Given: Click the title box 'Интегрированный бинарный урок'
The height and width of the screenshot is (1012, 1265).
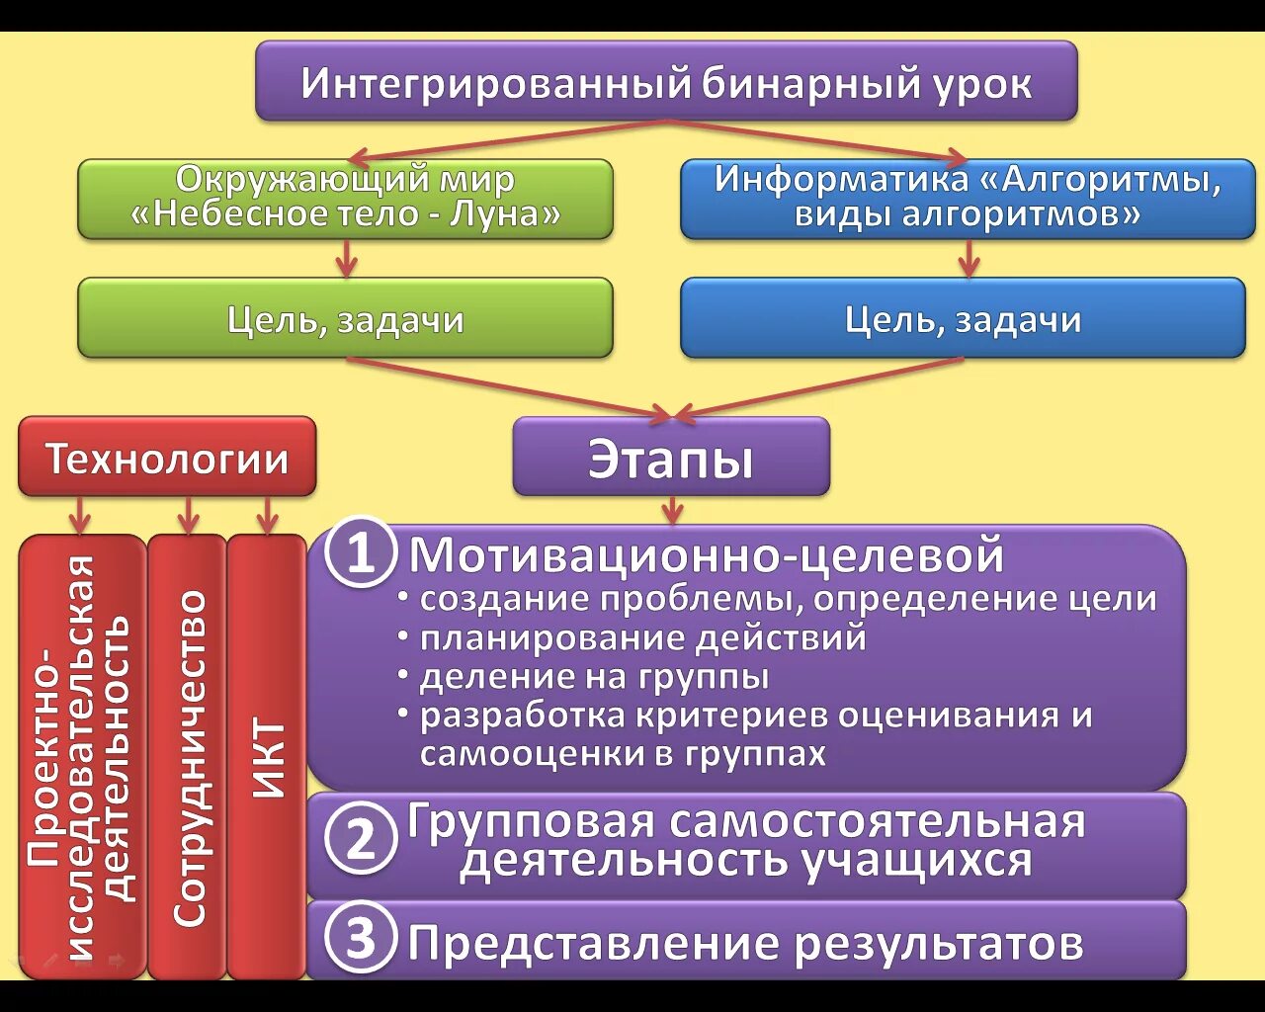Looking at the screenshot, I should [x=666, y=81].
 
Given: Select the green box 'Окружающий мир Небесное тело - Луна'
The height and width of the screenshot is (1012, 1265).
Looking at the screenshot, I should [x=345, y=199].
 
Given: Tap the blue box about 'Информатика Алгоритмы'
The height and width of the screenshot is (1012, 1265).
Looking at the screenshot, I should [x=968, y=199].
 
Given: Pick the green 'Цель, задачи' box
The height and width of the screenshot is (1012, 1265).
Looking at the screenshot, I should [x=345, y=318].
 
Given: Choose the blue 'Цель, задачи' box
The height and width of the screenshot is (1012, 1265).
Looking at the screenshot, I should [x=963, y=318].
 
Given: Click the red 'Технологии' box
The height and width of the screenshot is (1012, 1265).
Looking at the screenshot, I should [x=167, y=458].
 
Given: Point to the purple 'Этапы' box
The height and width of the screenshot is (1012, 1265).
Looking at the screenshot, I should [x=671, y=458].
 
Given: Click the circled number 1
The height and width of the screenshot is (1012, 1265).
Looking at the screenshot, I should [x=361, y=553].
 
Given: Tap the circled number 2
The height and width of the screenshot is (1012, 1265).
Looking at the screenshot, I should [x=361, y=840].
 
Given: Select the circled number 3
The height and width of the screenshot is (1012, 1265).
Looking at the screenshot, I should [x=361, y=937].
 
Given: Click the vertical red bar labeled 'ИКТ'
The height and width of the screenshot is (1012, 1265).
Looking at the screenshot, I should [x=267, y=757].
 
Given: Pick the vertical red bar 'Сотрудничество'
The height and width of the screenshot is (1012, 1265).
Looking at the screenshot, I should [x=188, y=757].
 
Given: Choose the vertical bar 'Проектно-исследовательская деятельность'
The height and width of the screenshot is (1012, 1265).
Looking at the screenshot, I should [x=82, y=757].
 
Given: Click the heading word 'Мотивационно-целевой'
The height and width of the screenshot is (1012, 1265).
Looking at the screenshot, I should [x=706, y=554].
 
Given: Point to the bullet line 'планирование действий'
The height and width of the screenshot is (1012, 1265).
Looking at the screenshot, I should [x=642, y=638].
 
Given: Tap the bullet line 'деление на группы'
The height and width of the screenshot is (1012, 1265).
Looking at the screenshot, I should [x=594, y=677].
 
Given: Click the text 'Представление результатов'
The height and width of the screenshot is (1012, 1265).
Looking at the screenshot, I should [x=745, y=943].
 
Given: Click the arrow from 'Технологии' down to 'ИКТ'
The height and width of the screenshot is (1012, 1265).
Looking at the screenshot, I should [x=267, y=515].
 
